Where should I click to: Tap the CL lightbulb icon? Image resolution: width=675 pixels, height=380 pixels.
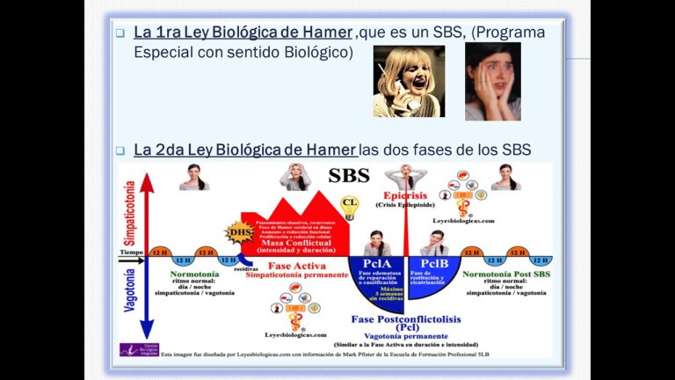coord(350,208)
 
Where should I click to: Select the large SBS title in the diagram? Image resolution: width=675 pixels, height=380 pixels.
coord(348,175)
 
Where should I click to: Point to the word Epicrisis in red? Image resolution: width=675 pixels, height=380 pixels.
coord(405,195)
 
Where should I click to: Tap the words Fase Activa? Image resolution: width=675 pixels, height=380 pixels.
coord(278,266)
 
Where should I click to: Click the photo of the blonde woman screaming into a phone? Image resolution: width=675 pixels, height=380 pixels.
coord(409,81)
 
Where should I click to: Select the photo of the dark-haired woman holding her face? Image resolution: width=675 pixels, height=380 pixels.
coord(493,81)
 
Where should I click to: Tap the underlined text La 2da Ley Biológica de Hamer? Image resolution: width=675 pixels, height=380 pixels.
coord(245,150)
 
